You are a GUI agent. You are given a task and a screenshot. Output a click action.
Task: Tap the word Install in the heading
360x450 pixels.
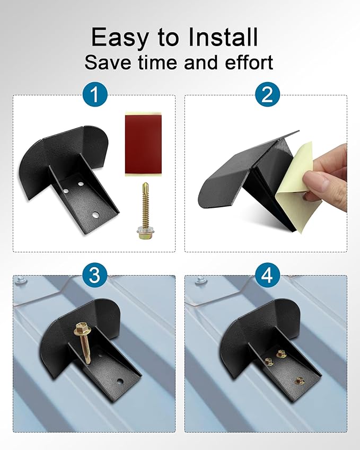point(223,37)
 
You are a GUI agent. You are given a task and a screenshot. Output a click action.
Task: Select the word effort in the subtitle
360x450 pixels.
point(249,62)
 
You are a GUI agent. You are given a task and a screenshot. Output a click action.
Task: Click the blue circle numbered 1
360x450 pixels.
point(95,94)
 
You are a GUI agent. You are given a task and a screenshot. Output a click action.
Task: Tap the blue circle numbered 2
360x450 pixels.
point(267,94)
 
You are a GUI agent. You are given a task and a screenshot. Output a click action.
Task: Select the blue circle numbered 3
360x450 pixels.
point(95,275)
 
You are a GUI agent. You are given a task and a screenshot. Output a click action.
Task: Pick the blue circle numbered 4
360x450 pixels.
point(267,275)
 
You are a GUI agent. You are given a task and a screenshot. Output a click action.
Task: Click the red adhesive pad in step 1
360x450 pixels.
point(143,144)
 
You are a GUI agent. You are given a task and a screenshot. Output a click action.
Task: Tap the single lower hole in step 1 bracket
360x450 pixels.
point(95,214)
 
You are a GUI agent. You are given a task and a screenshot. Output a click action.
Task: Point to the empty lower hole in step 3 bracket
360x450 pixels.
point(120,382)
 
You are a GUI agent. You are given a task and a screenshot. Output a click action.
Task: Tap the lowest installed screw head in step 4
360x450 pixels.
point(299,381)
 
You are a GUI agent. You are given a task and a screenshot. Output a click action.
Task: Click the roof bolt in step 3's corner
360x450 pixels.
point(20,279)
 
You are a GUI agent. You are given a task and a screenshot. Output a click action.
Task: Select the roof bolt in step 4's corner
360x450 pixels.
point(200,279)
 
